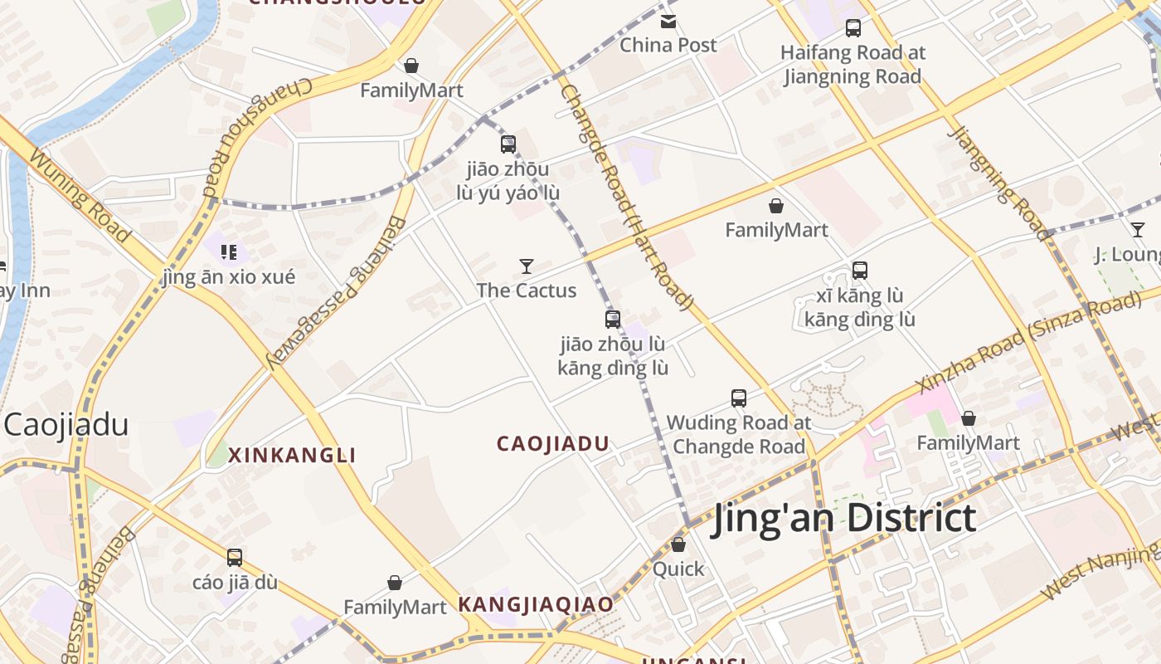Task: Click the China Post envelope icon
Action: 668,21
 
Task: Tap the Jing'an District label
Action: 843,518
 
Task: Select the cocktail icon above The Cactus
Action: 527,266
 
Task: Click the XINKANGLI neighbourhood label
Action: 292,455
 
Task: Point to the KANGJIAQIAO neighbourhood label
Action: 536,604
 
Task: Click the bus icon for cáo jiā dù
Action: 235,558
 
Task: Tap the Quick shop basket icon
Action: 678,545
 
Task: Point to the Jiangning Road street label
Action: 998,183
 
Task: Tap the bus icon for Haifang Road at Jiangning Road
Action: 853,28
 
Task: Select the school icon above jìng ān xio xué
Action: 229,251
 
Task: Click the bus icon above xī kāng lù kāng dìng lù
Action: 860,271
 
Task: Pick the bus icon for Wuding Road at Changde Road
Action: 739,398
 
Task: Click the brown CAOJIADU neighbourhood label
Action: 553,443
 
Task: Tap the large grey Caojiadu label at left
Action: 66,425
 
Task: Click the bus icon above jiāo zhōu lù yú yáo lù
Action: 508,144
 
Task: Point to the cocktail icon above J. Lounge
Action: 1138,230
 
